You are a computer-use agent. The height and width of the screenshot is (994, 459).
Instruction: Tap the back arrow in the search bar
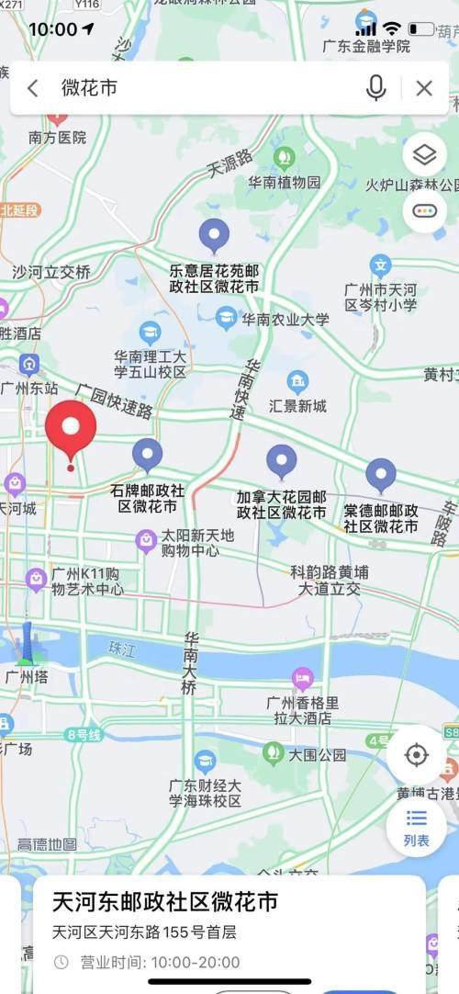click(33, 88)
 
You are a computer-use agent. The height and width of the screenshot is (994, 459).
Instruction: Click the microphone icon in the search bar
click(375, 88)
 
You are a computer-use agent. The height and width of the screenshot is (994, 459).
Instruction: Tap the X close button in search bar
click(424, 88)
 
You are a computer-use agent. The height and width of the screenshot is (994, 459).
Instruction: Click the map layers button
click(424, 155)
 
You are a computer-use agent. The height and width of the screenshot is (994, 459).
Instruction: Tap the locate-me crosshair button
click(416, 755)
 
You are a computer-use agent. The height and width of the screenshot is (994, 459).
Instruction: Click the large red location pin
click(71, 432)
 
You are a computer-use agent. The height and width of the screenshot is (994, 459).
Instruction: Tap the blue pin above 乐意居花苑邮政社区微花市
click(214, 235)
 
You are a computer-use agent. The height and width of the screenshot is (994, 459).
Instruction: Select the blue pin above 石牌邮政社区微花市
click(147, 454)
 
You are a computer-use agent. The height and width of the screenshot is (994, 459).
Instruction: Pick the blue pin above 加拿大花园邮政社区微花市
click(281, 461)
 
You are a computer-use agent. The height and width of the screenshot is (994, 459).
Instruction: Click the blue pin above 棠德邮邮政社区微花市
click(381, 475)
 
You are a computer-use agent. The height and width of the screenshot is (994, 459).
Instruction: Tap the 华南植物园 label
click(285, 182)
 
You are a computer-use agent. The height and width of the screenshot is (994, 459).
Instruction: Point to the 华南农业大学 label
click(285, 320)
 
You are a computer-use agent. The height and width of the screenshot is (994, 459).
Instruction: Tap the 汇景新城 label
click(297, 405)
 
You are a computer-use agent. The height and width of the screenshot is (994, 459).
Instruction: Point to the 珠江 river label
click(121, 649)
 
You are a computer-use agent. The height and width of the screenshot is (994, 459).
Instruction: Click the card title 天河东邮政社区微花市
click(165, 901)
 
